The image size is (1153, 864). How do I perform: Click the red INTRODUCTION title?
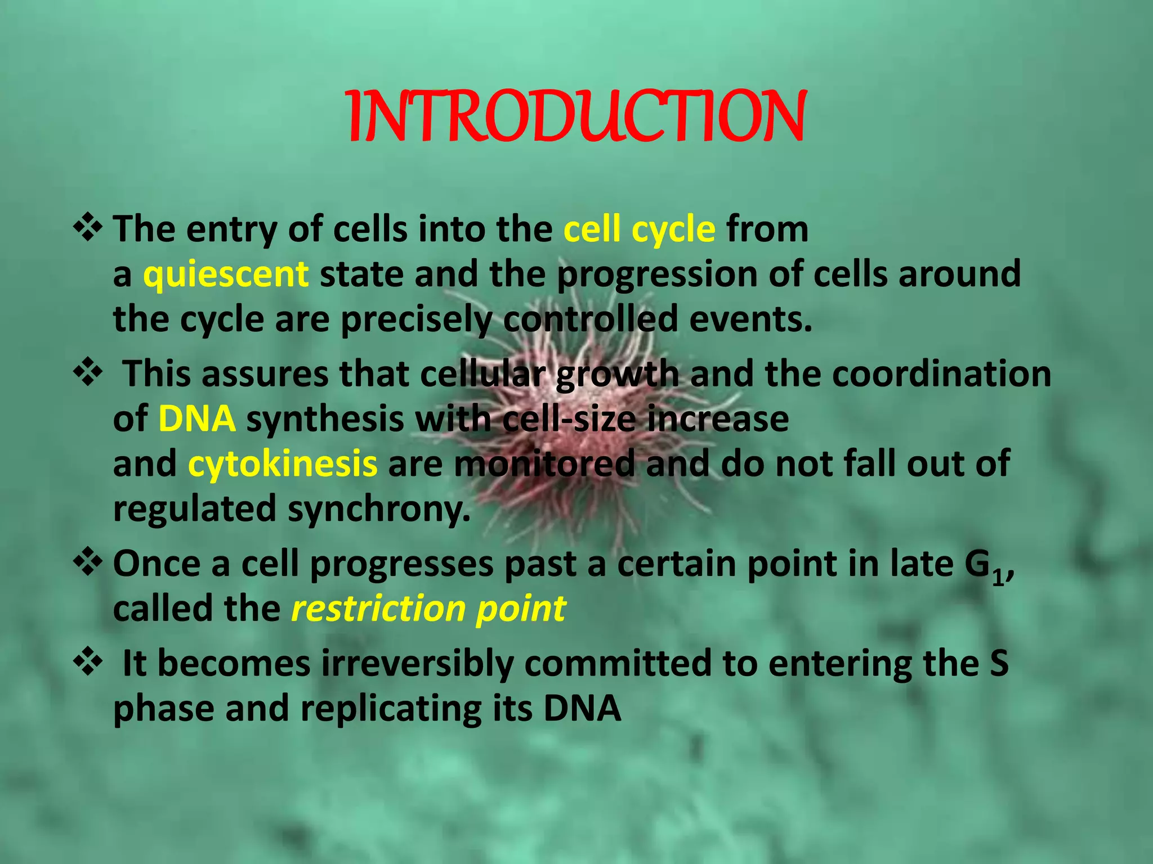click(576, 117)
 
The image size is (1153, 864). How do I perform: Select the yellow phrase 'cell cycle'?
click(639, 230)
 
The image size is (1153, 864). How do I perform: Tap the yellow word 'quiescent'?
click(226, 275)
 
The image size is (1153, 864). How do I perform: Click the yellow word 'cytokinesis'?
click(282, 465)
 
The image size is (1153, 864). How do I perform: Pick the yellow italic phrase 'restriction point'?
click(428, 609)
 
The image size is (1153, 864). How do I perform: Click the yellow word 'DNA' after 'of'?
click(197, 420)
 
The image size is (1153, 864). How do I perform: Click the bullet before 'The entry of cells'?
click(88, 228)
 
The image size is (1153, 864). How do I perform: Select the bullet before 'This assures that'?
click(88, 373)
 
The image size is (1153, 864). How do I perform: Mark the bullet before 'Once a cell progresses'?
click(88, 563)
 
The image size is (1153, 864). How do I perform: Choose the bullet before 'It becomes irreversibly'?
click(88, 661)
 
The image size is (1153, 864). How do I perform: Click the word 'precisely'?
click(415, 321)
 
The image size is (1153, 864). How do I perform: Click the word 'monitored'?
click(544, 465)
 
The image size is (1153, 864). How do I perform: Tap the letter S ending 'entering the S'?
click(999, 664)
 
